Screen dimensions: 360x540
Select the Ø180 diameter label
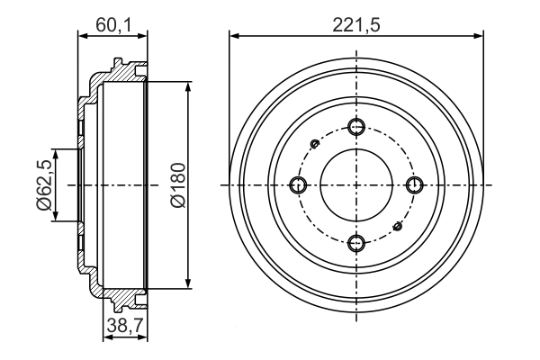177,185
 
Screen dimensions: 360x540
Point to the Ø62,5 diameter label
42,185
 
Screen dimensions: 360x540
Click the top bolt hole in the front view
357,127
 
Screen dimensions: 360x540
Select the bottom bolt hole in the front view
357,241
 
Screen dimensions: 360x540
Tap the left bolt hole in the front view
300,184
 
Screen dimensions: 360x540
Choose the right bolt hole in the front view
415,184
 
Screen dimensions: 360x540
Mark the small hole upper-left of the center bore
314,143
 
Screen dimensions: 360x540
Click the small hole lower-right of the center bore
399,226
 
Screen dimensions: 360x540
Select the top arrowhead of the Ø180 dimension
187,86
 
